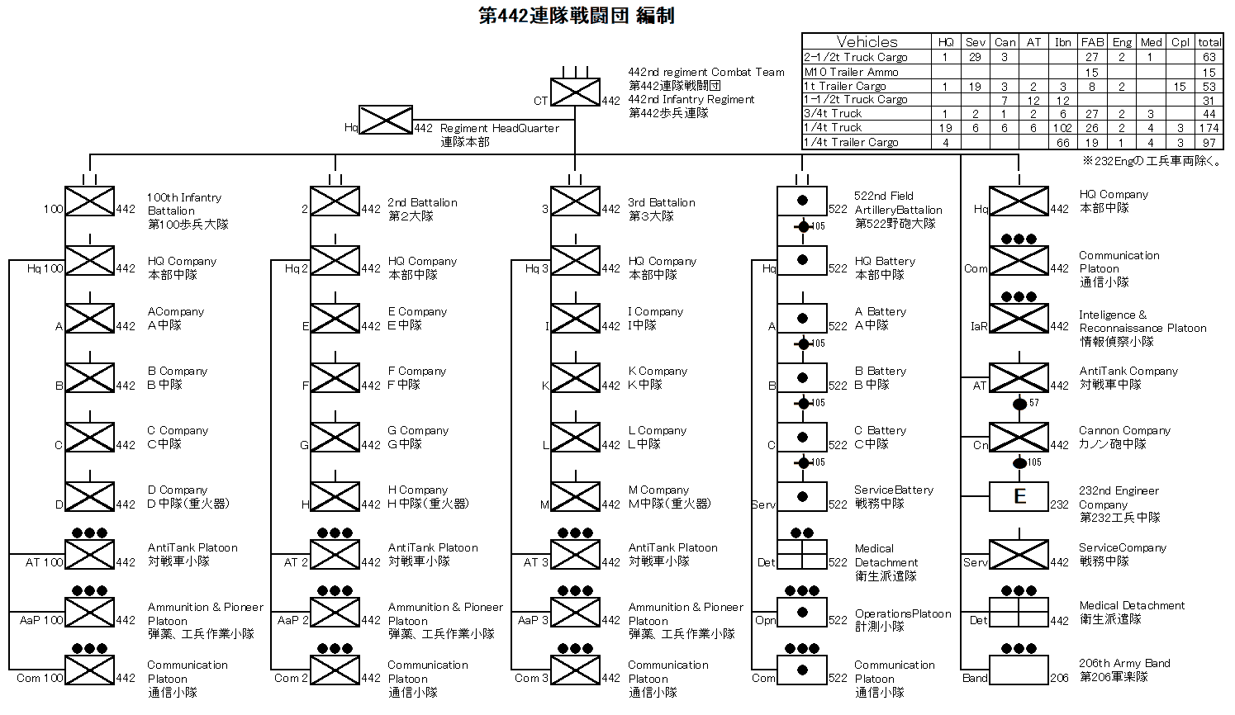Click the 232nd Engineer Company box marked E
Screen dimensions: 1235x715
[1019, 496]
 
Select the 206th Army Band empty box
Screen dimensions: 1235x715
[1019, 670]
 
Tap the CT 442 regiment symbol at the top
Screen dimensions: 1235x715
[575, 92]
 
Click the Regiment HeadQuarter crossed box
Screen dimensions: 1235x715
[386, 120]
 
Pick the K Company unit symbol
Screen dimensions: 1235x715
[575, 378]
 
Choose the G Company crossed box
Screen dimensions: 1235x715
[335, 438]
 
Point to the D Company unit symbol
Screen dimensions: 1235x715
[89, 496]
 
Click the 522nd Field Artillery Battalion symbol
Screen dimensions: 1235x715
[801, 201]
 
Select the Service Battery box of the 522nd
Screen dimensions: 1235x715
[801, 496]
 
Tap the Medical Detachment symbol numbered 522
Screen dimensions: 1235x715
[801, 554]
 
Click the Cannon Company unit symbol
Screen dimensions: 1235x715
[1019, 438]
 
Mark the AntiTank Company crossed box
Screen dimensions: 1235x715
[1019, 378]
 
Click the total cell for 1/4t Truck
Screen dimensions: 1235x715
[1209, 128]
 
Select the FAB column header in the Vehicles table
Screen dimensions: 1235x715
[1092, 42]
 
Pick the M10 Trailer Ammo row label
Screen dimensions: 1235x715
[851, 72]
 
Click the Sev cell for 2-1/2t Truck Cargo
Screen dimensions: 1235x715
[975, 57]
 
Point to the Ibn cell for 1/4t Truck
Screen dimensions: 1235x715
[1062, 128]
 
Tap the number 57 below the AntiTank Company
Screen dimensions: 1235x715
[1033, 403]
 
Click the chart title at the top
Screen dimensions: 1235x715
[576, 16]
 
